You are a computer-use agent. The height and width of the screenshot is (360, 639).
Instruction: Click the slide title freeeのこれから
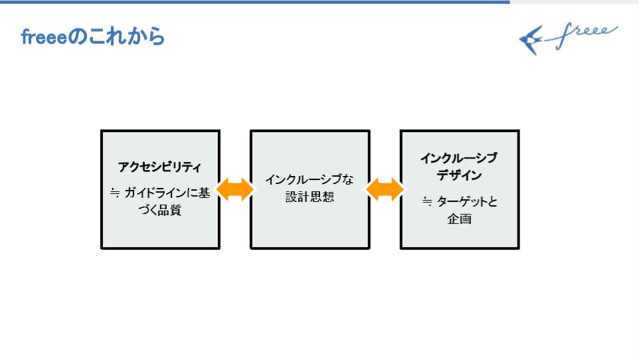point(92,37)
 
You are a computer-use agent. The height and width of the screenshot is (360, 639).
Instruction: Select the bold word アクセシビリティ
point(159,167)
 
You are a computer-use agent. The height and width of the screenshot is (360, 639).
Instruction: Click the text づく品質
point(159,211)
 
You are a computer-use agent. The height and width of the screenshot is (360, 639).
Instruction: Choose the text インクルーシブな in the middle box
point(310,179)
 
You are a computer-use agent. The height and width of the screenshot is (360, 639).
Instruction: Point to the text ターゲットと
point(466,202)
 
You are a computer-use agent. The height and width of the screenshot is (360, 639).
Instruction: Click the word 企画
point(459,219)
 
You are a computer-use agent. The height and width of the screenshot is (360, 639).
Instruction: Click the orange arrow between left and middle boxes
point(235,189)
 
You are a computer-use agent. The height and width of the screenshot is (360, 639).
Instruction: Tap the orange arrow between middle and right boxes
point(385,189)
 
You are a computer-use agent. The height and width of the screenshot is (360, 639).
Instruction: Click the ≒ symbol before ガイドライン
point(114,194)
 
